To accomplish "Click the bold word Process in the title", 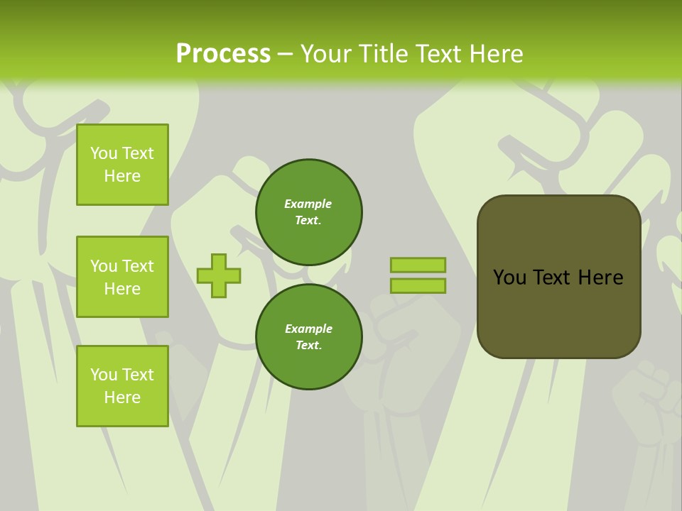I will click(223, 54).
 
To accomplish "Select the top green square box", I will click(122, 165).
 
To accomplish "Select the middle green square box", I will click(122, 277).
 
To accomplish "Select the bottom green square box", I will click(122, 386).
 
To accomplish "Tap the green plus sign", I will click(219, 275).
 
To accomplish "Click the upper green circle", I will click(308, 212).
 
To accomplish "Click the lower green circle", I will click(308, 337).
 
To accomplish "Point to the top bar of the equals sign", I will click(418, 265).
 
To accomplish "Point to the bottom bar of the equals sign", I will click(418, 286).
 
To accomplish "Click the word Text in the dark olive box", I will click(553, 278).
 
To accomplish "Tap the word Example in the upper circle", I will click(308, 204).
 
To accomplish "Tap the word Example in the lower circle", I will click(308, 329).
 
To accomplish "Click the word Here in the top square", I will click(122, 176).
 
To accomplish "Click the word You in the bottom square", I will click(104, 375).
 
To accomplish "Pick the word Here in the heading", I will click(494, 54).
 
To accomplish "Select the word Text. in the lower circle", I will click(308, 346).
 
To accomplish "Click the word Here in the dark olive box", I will click(600, 278).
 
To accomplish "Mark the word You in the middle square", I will click(104, 266).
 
